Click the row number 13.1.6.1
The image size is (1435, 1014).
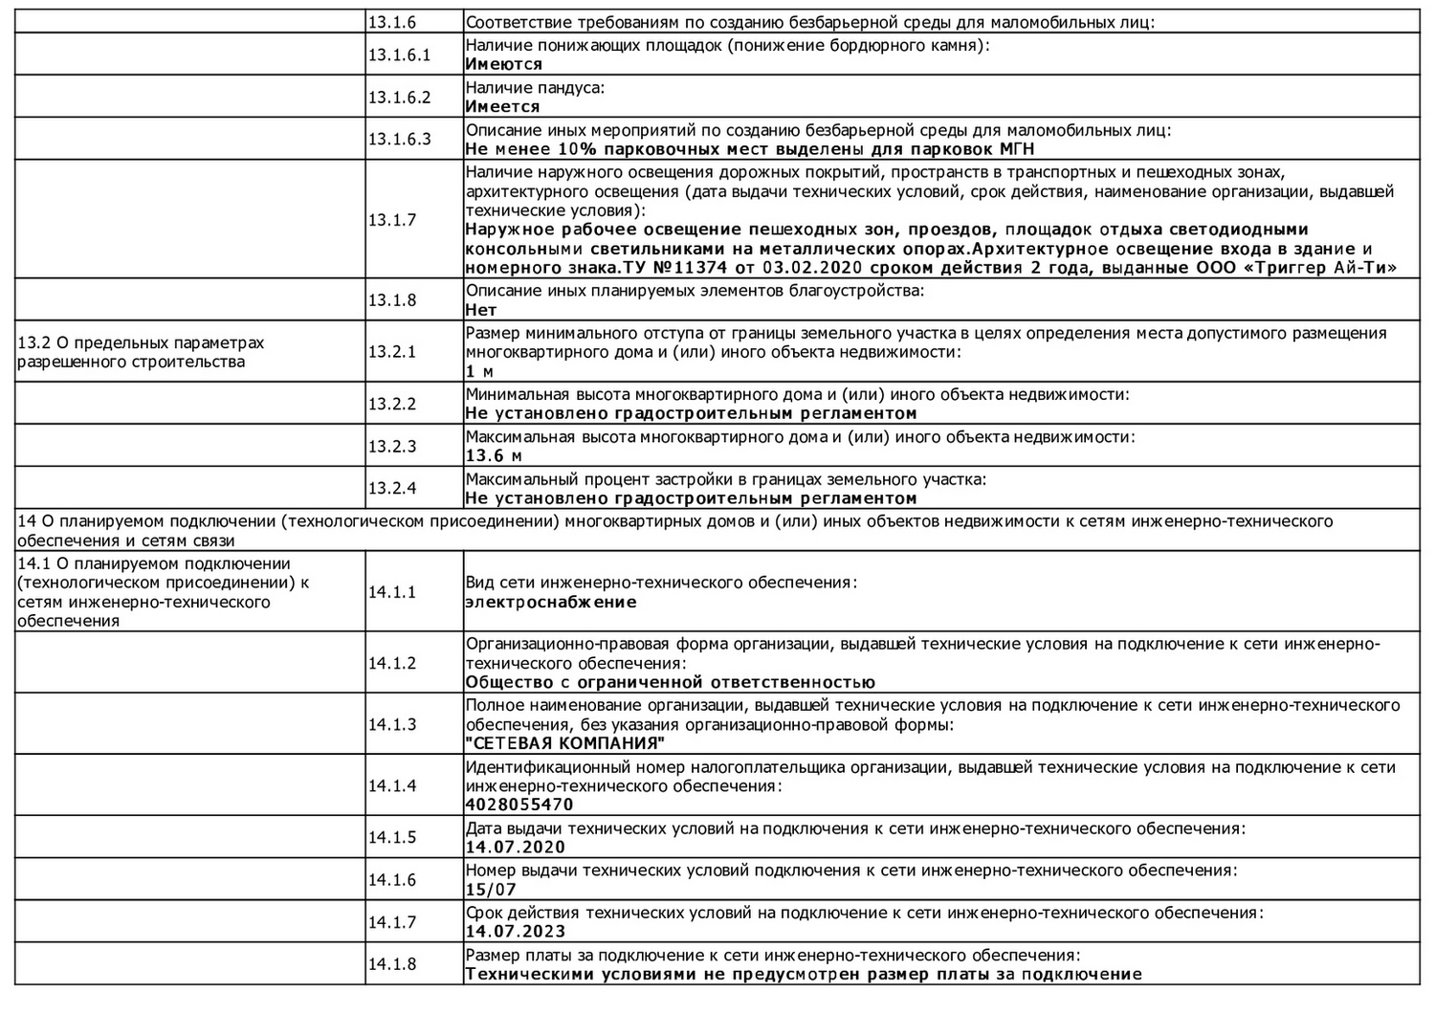click(399, 55)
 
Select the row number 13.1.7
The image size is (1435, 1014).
click(392, 219)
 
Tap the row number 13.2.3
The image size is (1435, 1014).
click(392, 446)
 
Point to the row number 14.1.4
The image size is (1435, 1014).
click(392, 785)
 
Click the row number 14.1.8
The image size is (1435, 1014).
click(392, 964)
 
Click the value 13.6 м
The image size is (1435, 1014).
click(494, 456)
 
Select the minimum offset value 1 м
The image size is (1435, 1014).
click(479, 371)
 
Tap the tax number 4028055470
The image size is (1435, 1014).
click(519, 805)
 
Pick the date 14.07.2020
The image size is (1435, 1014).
click(515, 847)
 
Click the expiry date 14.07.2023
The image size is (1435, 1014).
click(515, 931)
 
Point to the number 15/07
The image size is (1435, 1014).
click(491, 889)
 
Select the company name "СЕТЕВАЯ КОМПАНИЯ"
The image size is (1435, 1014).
click(564, 743)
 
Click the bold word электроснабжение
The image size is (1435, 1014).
click(550, 602)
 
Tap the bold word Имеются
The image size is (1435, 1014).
click(503, 64)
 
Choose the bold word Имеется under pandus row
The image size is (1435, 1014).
click(502, 106)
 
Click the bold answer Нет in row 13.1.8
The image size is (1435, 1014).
click(480, 310)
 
